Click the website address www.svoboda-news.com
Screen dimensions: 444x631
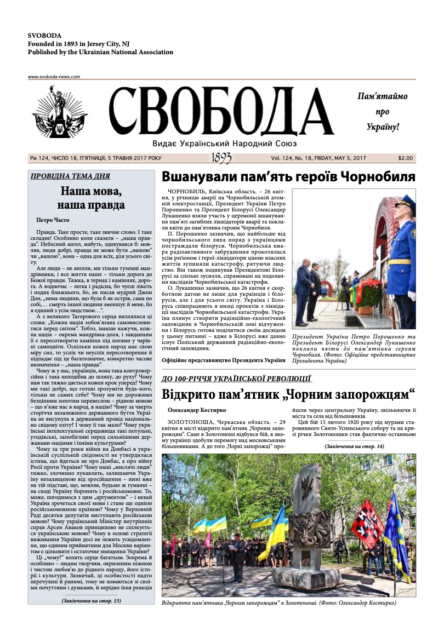click(54, 77)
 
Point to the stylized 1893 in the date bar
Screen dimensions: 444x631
click(221, 158)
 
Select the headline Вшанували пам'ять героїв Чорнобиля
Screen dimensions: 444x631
click(288, 177)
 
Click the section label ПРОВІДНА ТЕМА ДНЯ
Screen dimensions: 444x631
click(70, 176)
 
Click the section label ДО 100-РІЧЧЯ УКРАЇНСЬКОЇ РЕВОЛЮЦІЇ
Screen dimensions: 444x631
click(237, 378)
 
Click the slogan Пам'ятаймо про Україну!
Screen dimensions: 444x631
click(383, 111)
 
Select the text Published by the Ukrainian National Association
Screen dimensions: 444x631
click(100, 53)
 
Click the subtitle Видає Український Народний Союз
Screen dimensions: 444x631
click(221, 144)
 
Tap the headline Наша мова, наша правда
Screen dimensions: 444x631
click(91, 198)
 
